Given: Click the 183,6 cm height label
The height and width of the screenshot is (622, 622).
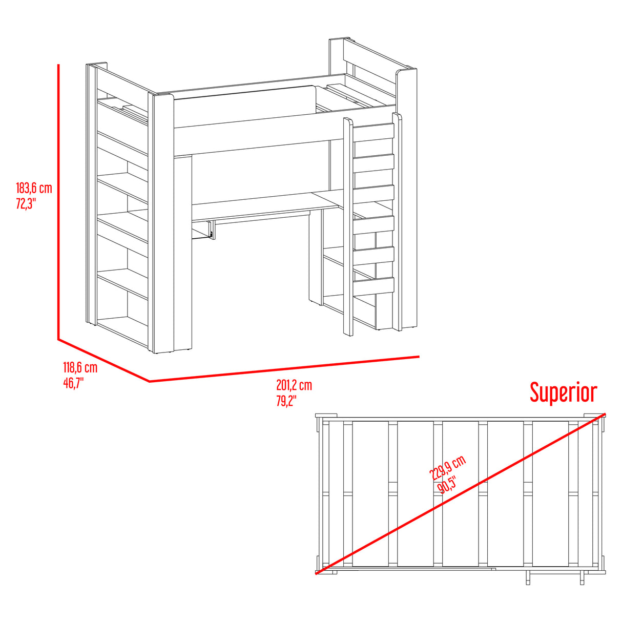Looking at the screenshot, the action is point(34,188).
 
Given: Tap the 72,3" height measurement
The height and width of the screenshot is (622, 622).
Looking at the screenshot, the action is point(25,203).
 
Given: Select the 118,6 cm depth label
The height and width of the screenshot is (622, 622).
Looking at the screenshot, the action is point(80,368).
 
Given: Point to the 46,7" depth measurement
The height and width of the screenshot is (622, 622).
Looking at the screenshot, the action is point(73,383).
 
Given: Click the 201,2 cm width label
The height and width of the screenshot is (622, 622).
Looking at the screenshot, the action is point(294,385).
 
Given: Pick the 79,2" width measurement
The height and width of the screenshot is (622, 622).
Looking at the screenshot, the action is point(286,401).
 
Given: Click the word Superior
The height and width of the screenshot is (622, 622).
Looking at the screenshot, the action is point(564,393).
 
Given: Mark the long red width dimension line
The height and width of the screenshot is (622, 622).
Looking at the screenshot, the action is point(284,369).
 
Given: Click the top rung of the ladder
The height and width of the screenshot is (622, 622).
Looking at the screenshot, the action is point(374,133).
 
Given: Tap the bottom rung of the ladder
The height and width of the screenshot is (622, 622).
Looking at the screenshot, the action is point(374,285).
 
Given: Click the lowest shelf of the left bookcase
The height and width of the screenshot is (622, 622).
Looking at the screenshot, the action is point(122,331).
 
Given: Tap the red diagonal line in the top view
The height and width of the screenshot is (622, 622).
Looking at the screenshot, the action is point(460,493).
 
